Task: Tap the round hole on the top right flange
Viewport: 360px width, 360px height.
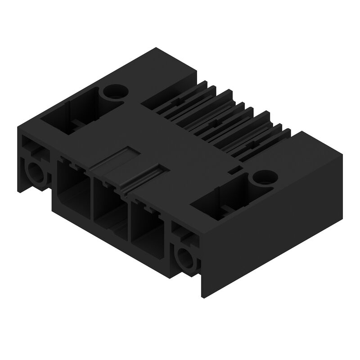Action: tap(262, 178)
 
